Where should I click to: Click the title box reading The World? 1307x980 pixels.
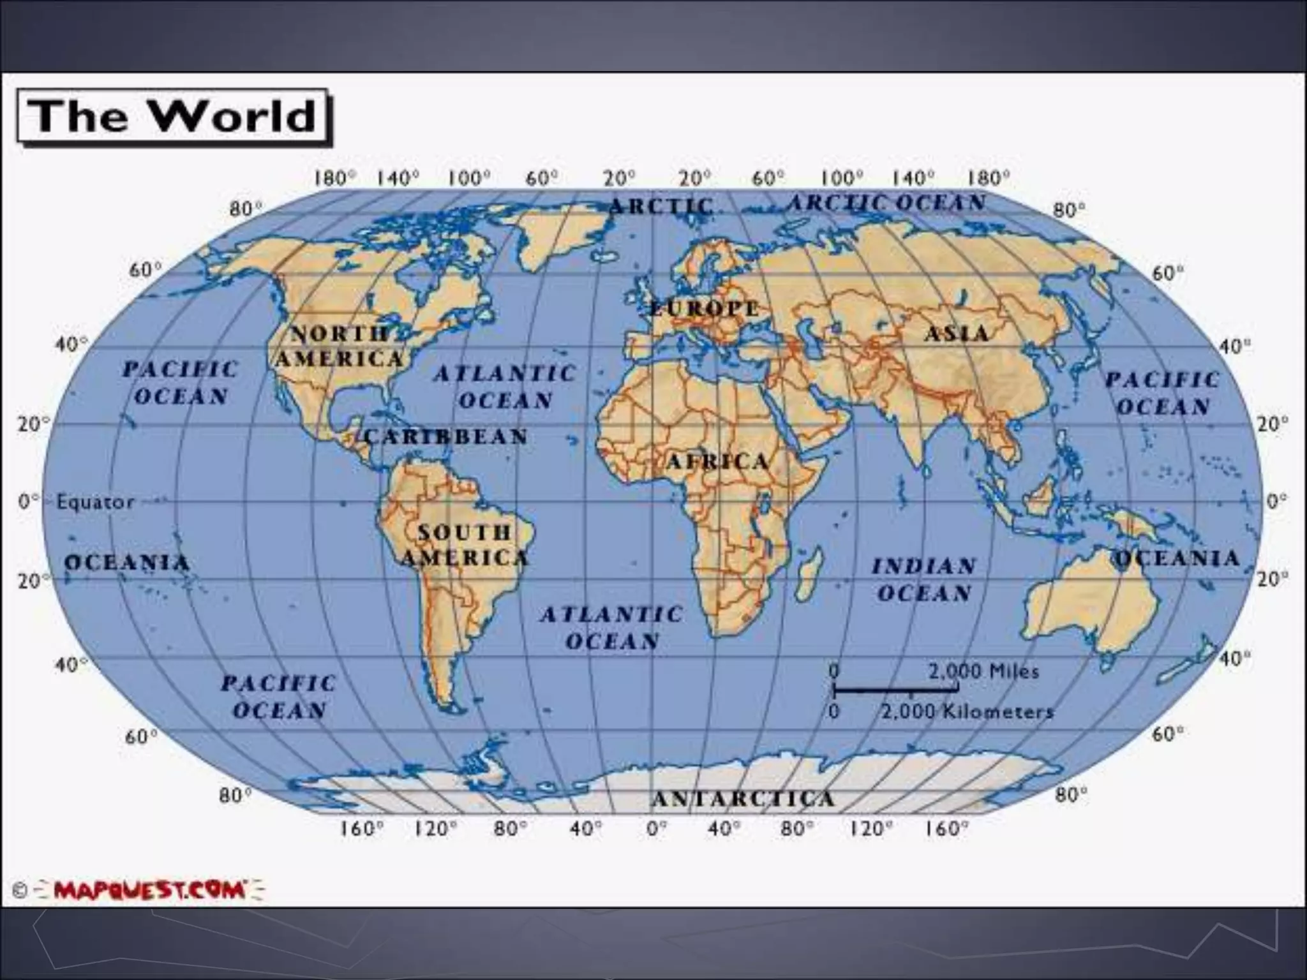(x=174, y=117)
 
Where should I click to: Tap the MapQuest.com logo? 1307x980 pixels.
(x=149, y=889)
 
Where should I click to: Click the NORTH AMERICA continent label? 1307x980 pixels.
(x=340, y=346)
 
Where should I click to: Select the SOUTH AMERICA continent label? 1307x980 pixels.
(x=465, y=544)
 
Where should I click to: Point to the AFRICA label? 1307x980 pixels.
(x=717, y=461)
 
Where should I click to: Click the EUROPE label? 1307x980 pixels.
(x=705, y=309)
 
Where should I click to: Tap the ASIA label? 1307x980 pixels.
(x=957, y=333)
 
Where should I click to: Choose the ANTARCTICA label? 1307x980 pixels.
(x=743, y=798)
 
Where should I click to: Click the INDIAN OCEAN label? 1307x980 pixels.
(x=924, y=579)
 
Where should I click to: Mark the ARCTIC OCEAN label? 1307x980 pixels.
(x=887, y=203)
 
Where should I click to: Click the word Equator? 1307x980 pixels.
(x=95, y=502)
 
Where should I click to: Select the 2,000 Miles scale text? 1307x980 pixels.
(x=983, y=671)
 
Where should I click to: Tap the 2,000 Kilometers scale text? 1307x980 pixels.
(x=967, y=711)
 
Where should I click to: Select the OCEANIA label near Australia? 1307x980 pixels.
(x=1176, y=558)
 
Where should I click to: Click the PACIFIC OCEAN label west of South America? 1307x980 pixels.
(x=279, y=697)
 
